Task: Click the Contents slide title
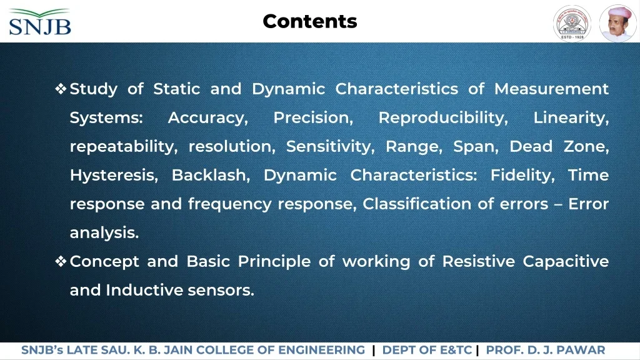(x=310, y=21)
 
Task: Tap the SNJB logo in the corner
(x=40, y=22)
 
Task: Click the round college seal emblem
(x=572, y=23)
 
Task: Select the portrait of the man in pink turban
(x=617, y=23)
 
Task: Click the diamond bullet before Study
(x=61, y=89)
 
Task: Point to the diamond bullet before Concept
(x=61, y=261)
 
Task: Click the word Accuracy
(x=207, y=118)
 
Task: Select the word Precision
(x=313, y=118)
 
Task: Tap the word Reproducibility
(x=443, y=118)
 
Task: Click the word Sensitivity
(x=330, y=146)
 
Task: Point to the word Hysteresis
(x=114, y=176)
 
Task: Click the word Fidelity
(x=522, y=176)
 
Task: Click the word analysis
(x=104, y=233)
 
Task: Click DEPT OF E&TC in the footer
(x=427, y=350)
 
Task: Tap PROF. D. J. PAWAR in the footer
(x=546, y=350)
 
